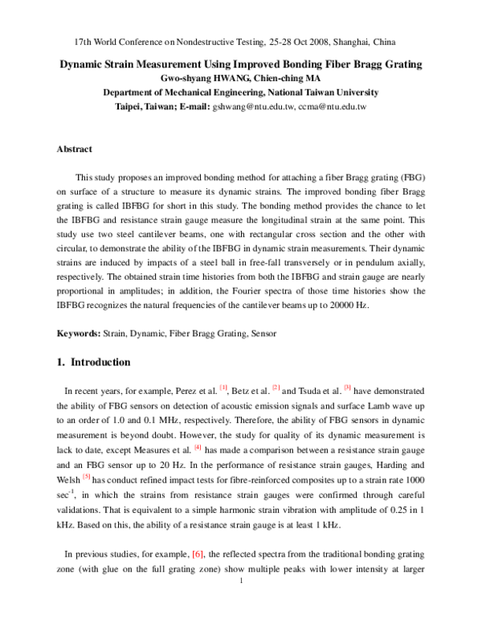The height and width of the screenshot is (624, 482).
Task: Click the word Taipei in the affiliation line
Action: click(132, 106)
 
